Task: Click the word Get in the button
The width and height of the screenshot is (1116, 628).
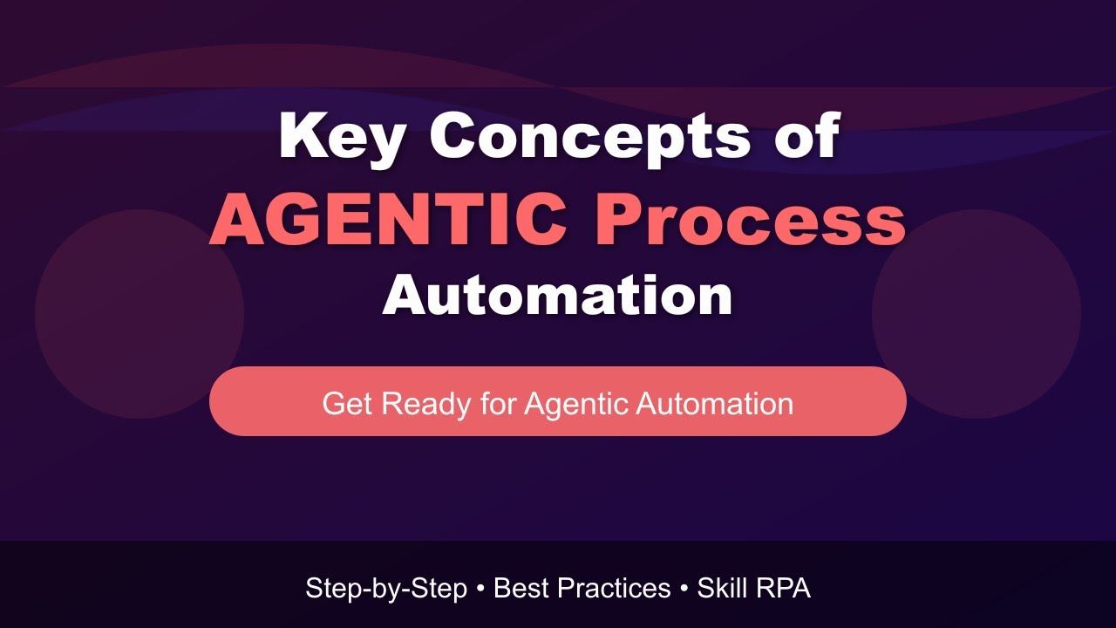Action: coord(348,404)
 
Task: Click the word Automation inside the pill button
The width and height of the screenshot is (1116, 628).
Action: coord(714,404)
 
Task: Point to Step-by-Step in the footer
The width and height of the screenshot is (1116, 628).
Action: coord(386,589)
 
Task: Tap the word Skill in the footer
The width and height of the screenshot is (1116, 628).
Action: coord(722,589)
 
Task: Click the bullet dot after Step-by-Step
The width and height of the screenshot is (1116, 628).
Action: coord(480,590)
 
